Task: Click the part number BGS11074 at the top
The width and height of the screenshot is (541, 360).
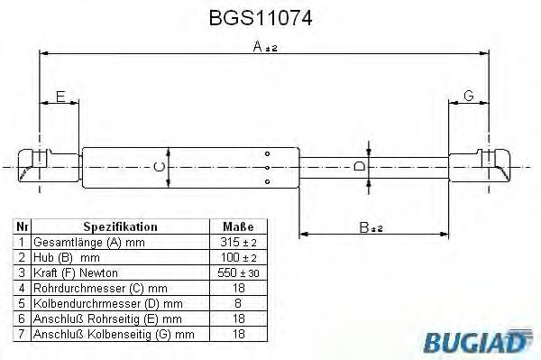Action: [261, 18]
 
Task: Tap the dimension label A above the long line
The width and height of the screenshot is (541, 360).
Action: [264, 47]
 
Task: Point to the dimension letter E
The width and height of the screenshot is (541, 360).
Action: [60, 97]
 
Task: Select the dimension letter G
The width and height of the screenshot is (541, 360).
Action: [469, 96]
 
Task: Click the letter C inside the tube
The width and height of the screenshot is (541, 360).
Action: [159, 167]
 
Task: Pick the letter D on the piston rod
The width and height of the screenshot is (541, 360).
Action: [360, 166]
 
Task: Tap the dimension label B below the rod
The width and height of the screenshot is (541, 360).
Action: [371, 227]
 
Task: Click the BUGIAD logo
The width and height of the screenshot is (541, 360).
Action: [475, 341]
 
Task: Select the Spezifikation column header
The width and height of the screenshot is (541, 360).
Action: [121, 226]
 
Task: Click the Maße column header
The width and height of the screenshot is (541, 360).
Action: [238, 226]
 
